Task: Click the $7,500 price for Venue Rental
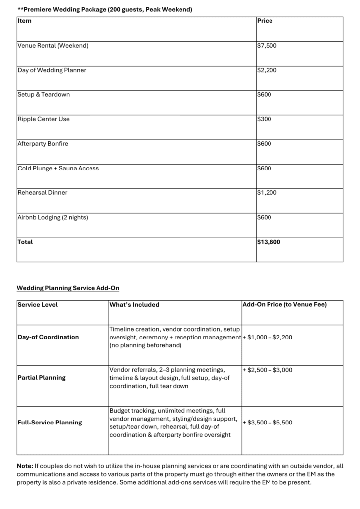(x=267, y=46)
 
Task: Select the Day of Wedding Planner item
(x=52, y=70)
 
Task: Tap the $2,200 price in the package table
(x=267, y=70)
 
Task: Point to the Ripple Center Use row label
(x=44, y=119)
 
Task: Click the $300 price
(x=264, y=119)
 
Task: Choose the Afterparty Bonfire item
(x=43, y=144)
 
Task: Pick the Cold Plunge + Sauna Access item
(x=58, y=168)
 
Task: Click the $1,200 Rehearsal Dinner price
(x=267, y=192)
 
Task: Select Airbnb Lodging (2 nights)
(x=54, y=217)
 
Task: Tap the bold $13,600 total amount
(x=269, y=242)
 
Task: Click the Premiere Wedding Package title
(x=105, y=9)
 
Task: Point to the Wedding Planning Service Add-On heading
(x=68, y=288)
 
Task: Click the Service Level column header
(x=37, y=305)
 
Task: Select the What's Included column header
(x=134, y=305)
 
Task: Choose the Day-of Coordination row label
(x=48, y=337)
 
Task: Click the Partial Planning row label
(x=42, y=378)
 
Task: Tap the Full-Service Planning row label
(x=50, y=423)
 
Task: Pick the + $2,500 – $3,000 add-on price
(x=268, y=370)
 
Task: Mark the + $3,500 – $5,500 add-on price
(x=268, y=423)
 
